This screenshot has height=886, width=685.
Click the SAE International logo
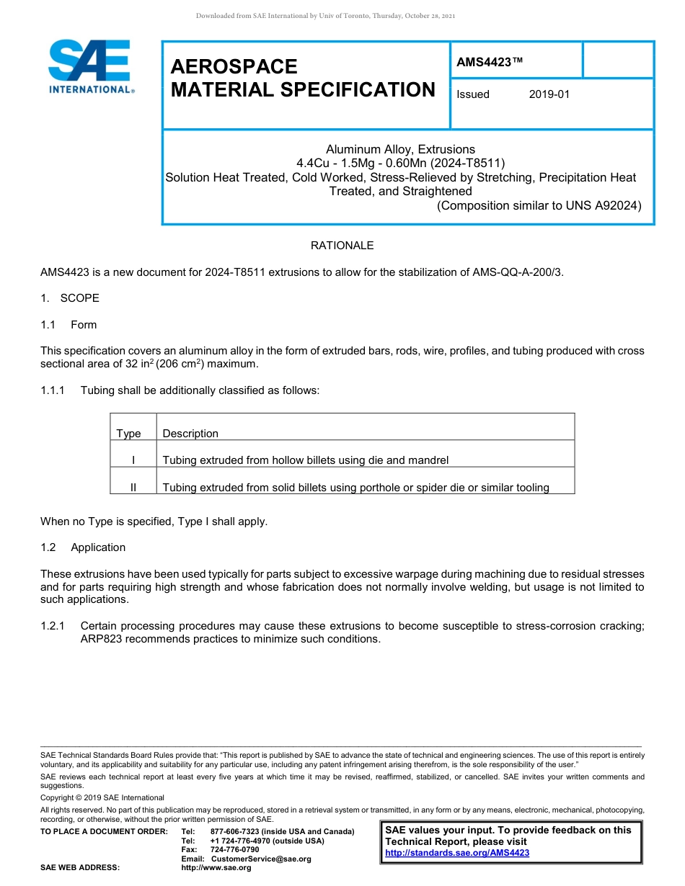89,66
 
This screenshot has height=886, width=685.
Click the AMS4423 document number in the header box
489,63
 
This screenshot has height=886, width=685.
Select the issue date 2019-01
549,94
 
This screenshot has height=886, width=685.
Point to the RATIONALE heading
342,246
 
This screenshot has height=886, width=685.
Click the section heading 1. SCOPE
70,298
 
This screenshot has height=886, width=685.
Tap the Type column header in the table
128,434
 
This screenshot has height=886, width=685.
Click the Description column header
190,434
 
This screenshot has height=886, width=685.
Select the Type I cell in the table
133,460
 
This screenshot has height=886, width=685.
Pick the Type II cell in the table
133,488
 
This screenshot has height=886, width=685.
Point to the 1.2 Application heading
83,547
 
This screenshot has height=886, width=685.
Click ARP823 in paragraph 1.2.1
101,639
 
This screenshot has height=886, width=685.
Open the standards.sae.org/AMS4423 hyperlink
457,853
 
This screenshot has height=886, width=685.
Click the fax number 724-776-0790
234,850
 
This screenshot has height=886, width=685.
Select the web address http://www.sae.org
216,868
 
